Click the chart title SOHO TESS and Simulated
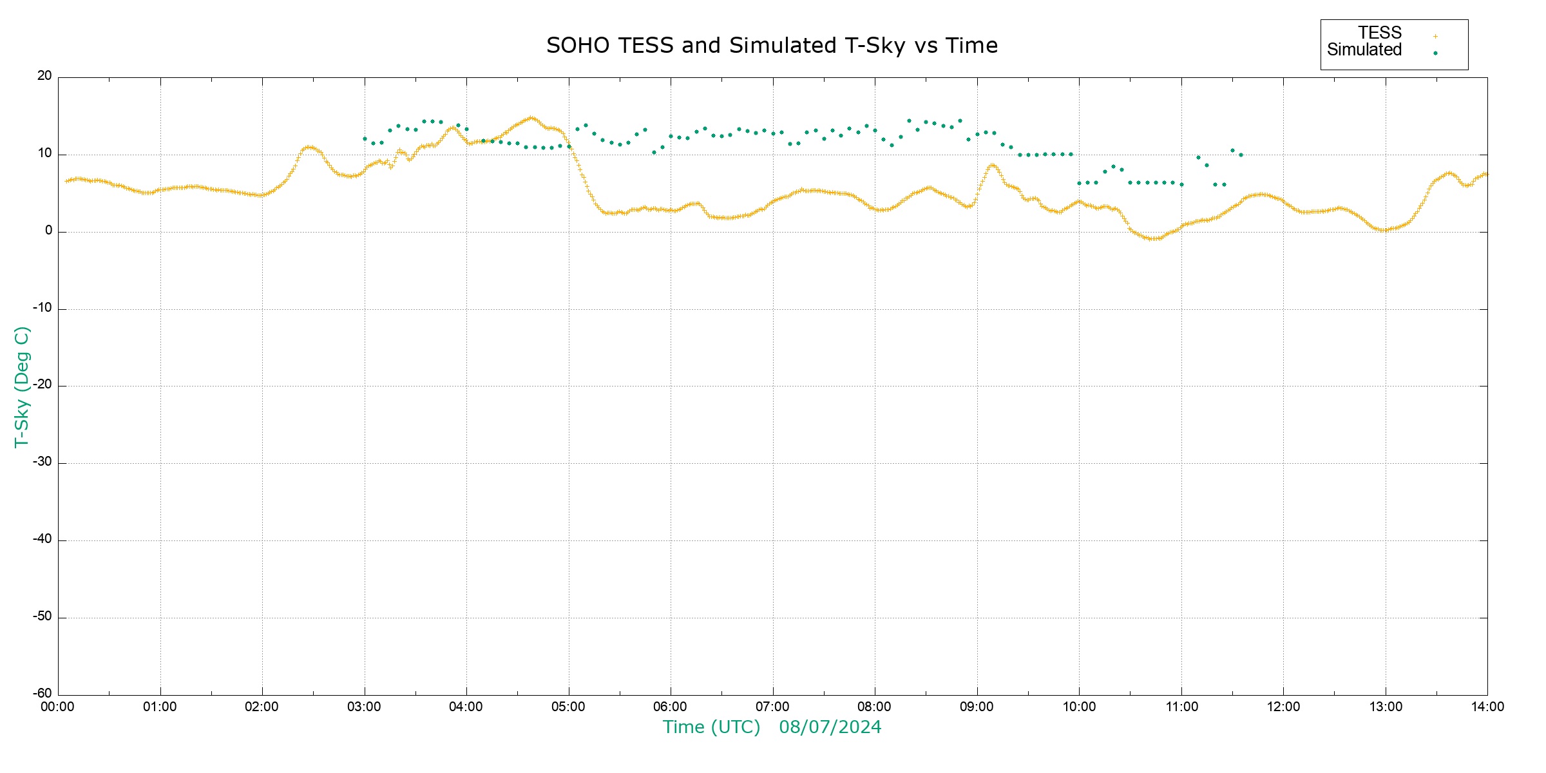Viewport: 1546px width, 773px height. [x=772, y=46]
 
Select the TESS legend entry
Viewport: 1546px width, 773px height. [x=1380, y=33]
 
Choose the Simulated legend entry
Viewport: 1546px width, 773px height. [x=1364, y=50]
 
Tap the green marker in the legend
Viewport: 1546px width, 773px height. [x=1435, y=53]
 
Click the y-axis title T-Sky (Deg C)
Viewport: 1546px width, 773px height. [x=22, y=386]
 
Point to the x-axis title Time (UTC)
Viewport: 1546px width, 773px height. [x=711, y=727]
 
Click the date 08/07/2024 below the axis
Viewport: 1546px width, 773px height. [x=830, y=727]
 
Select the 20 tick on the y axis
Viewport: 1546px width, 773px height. [x=44, y=76]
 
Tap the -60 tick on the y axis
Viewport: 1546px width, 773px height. [x=43, y=694]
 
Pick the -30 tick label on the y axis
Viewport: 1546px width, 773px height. [x=43, y=462]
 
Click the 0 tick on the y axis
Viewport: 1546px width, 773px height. [x=49, y=231]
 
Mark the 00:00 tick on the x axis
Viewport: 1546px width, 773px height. [x=58, y=707]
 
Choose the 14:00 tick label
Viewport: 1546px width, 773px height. [x=1487, y=707]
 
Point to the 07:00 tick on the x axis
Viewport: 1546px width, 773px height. [x=772, y=707]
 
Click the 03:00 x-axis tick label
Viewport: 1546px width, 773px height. [x=365, y=707]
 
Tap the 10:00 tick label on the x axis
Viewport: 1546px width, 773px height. [x=1079, y=707]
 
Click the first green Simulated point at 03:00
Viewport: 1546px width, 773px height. [x=365, y=138]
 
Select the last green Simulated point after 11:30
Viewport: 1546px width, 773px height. [x=1241, y=155]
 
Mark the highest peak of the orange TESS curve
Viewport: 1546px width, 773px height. [x=531, y=118]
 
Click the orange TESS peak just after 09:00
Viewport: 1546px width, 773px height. [x=993, y=165]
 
